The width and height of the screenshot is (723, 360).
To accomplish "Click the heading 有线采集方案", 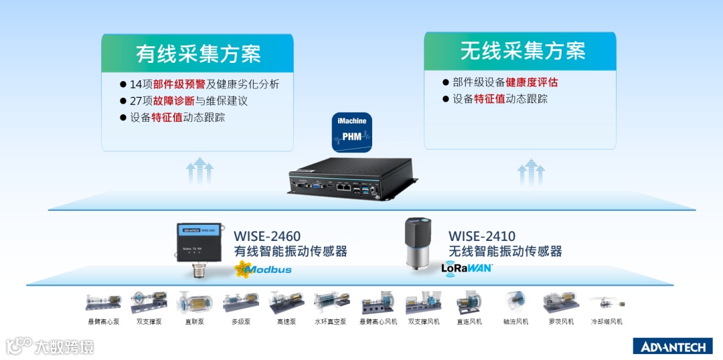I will coord(198,53).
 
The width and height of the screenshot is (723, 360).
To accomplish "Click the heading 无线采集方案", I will coord(522,50).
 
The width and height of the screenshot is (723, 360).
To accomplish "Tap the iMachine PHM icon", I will coord(352,130).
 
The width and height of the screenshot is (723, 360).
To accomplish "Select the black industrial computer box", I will coord(352,177).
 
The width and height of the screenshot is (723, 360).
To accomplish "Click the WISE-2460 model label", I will coord(267,236).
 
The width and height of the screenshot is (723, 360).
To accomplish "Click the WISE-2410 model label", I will coord(482,236).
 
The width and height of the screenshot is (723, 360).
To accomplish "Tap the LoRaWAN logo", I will coord(467,268).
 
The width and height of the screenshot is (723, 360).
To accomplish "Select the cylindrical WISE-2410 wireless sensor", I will coord(420,242).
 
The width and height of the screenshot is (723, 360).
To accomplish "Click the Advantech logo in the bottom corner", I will coord(673,346).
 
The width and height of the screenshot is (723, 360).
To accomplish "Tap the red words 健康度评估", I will coord(532,82).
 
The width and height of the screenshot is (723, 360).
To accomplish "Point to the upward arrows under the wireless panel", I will coord(530,171).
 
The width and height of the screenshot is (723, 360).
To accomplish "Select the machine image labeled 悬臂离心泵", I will coord(103,302).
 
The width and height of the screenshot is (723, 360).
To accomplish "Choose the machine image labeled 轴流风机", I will coord(515,302).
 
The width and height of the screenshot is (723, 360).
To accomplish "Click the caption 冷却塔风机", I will coord(607,322).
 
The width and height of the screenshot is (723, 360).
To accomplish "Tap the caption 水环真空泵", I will coord(330,322).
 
